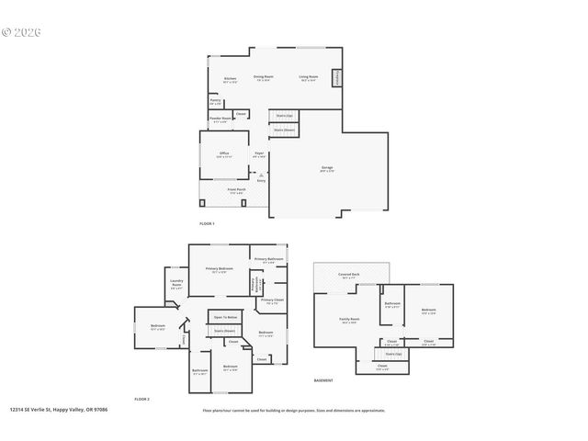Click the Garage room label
(327, 168)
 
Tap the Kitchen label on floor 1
(230, 79)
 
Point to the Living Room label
(309, 77)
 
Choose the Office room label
(224, 153)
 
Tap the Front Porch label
(236, 190)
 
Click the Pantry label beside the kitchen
(214, 101)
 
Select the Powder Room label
(220, 118)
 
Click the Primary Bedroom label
(220, 269)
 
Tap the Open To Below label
(225, 317)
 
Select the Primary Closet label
(272, 300)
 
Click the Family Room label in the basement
(349, 320)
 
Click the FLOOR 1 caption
(207, 223)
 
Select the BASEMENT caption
(323, 379)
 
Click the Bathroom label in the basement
(392, 305)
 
